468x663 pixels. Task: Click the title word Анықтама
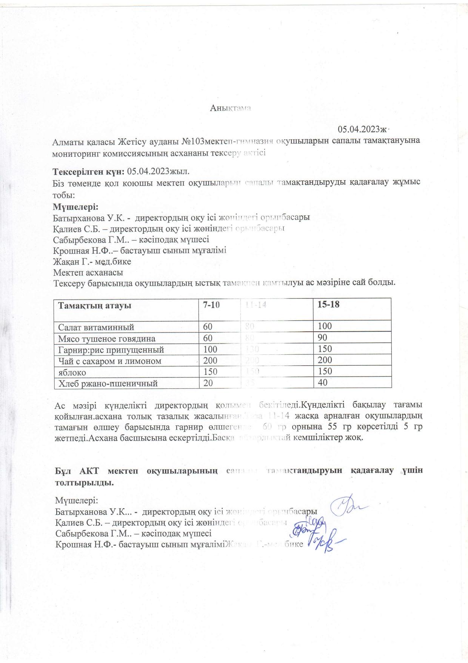231,108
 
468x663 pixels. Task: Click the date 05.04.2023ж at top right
363,129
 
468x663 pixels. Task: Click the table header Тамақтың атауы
94,305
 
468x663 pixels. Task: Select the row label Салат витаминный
96,327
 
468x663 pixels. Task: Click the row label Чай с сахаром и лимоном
109,361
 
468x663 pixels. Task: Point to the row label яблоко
72,372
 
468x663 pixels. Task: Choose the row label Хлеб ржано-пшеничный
108,383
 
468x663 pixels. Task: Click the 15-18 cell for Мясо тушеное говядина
322,337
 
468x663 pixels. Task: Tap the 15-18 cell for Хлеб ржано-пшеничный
322,383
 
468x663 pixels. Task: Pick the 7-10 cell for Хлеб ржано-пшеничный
208,383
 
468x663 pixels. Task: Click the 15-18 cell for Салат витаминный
325,326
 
